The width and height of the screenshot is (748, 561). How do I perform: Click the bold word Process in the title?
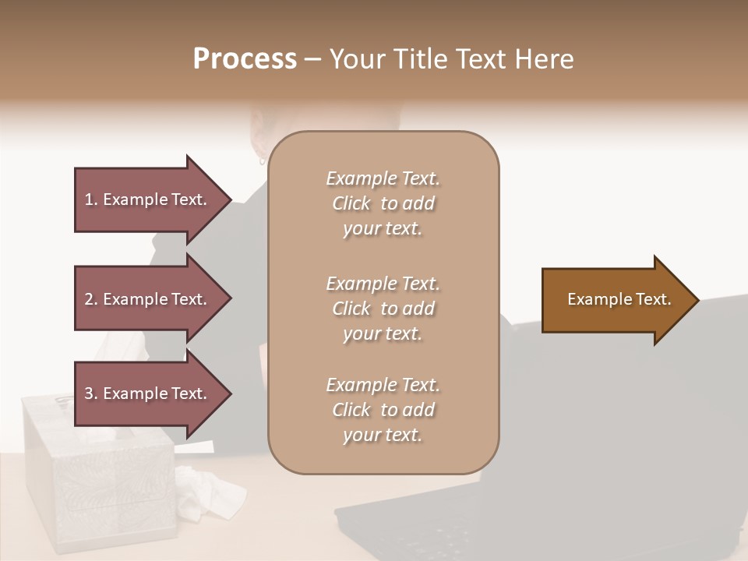pos(245,58)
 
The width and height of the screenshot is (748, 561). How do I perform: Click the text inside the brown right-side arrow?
pos(619,299)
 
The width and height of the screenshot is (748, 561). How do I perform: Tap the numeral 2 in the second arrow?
pos(88,299)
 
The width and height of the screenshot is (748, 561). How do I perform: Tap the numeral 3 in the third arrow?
pos(88,393)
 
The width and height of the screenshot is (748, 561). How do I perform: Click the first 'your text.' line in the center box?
pos(383,229)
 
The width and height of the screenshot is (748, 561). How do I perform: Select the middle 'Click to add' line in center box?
pos(383,309)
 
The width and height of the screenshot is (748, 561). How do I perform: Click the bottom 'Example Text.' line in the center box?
pos(383,385)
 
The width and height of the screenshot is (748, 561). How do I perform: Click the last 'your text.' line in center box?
pos(383,436)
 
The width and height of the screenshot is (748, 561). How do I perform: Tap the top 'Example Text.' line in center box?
pos(383,178)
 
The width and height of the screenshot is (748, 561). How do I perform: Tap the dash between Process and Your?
pos(313,59)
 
